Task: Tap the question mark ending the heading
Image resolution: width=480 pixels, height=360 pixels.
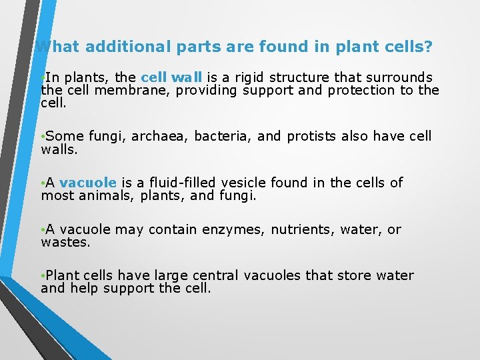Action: point(428,47)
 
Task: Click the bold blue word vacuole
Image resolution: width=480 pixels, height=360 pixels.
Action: point(88,183)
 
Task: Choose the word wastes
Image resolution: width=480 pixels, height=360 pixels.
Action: point(64,243)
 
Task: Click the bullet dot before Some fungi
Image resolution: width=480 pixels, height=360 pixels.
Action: point(43,137)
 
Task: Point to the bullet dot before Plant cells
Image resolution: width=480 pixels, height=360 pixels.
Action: point(43,276)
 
